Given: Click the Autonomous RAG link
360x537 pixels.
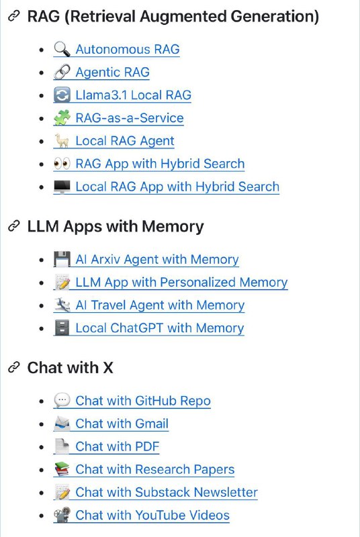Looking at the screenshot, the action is point(128,49).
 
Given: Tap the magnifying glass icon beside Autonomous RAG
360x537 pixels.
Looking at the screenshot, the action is point(62,49).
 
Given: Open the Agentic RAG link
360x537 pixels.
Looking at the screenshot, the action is point(112,72).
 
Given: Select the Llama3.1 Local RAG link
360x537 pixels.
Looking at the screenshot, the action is point(133,95).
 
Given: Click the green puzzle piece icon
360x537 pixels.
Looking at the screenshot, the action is point(62,118).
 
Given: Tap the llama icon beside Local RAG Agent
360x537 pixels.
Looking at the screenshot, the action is point(62,141).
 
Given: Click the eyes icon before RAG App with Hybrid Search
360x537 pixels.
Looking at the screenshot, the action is point(62,164).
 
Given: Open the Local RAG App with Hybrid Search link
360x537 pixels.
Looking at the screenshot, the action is point(177,187).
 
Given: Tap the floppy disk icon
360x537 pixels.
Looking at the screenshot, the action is point(62,259).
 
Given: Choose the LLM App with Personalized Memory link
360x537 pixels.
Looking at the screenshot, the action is point(181,282).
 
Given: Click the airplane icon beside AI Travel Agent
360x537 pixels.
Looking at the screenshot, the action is point(62,305).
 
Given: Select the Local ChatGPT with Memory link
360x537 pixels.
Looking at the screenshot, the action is point(160,328).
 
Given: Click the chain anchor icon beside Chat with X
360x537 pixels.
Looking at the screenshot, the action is point(13,367).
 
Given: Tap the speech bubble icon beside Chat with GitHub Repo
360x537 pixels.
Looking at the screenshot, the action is point(62,400).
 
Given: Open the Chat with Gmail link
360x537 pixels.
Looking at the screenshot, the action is point(122,424).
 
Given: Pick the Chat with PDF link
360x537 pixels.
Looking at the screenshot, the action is point(117,446).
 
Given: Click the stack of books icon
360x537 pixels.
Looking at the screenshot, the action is point(62,469).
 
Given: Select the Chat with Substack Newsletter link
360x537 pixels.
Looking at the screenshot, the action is point(167,492).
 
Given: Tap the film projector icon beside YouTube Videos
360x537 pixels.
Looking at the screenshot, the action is point(62,515).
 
